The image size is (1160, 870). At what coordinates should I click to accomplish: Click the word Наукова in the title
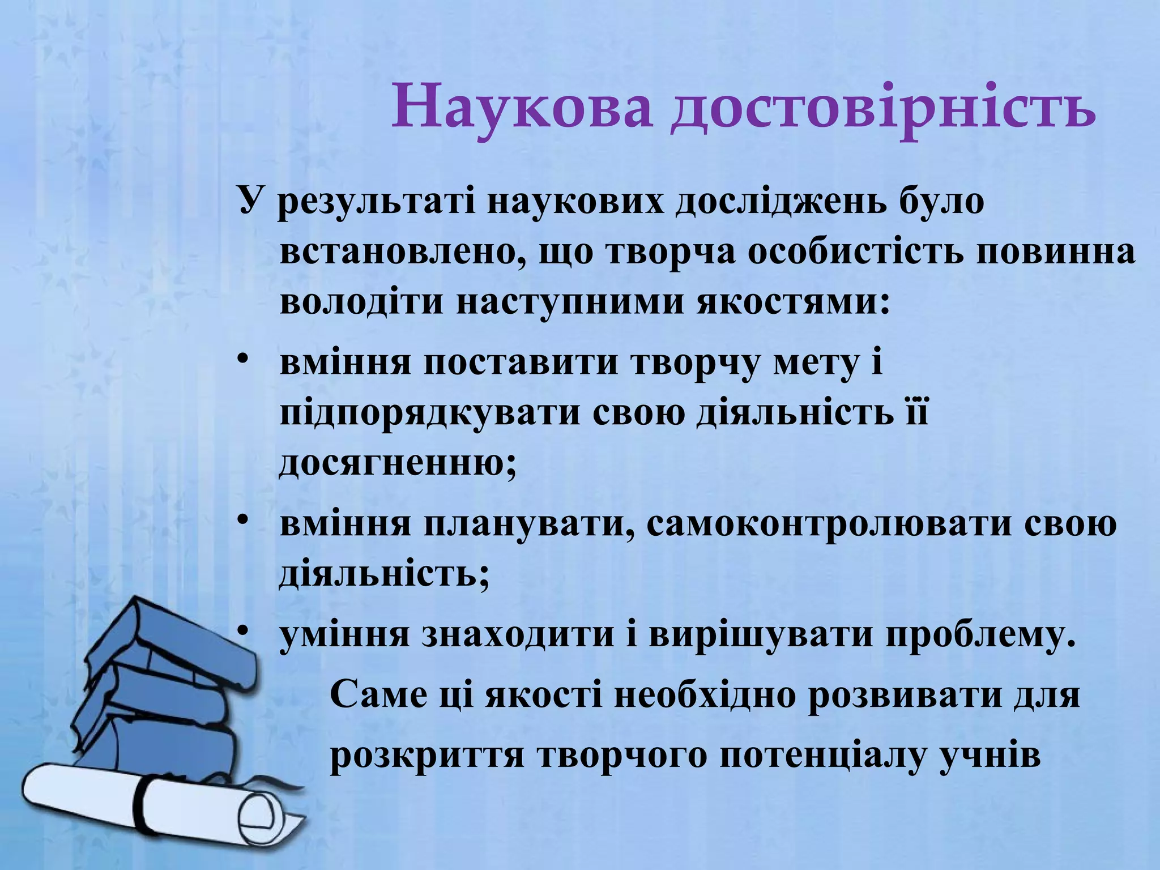click(x=521, y=106)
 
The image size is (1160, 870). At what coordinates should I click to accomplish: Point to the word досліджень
click(x=774, y=203)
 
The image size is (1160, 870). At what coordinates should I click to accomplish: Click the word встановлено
click(x=397, y=253)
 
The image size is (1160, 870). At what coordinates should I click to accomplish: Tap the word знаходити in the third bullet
click(x=518, y=636)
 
